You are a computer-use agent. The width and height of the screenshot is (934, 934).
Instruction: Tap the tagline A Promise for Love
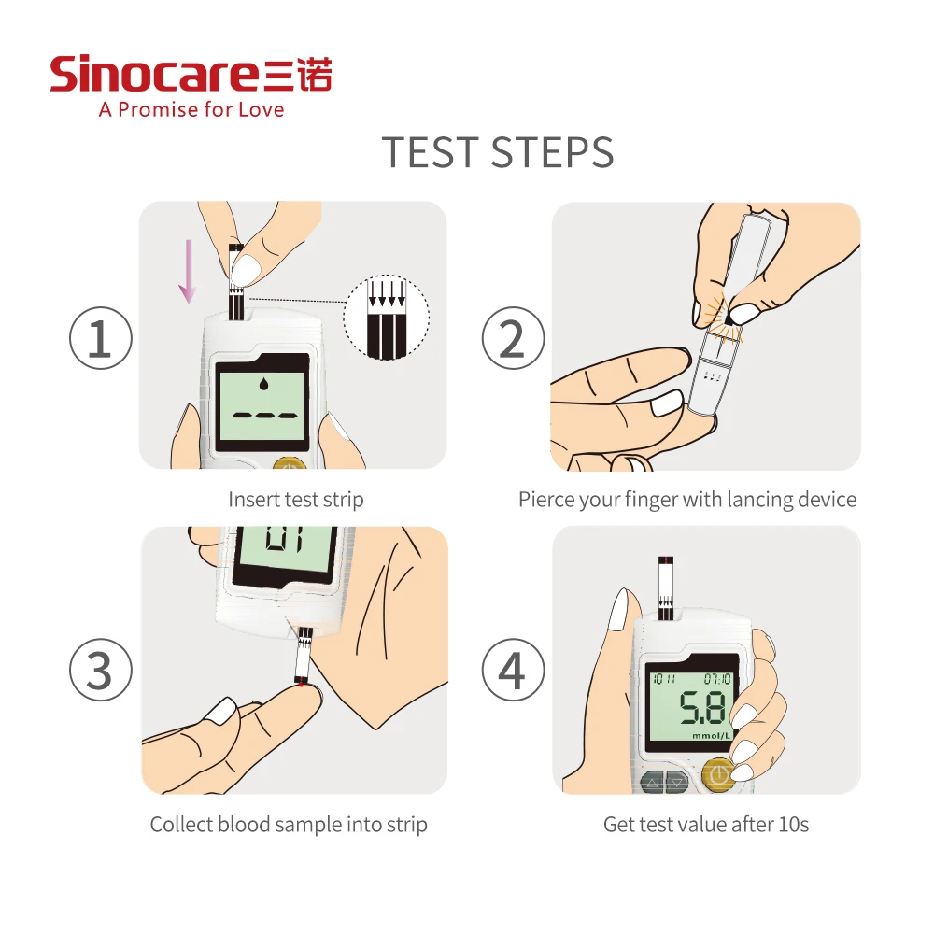tap(191, 109)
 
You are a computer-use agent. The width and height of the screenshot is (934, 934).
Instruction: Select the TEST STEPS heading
tap(498, 152)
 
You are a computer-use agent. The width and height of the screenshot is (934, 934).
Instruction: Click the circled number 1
tap(101, 338)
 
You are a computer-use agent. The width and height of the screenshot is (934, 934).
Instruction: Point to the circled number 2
tap(513, 338)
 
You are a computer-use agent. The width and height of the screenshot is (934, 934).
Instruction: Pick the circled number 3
tap(101, 670)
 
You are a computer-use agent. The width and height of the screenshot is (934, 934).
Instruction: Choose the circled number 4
tap(513, 670)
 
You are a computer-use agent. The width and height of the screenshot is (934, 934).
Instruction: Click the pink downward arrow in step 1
tap(189, 271)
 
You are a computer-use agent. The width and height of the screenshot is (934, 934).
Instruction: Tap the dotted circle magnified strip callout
tap(386, 318)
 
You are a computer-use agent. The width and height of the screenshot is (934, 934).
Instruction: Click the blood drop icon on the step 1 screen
tap(263, 384)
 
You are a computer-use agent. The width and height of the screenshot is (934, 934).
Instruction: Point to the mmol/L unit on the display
tap(711, 736)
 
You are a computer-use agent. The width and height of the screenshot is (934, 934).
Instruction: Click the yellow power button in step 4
tap(719, 775)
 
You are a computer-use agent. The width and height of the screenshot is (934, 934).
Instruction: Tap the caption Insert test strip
tap(296, 499)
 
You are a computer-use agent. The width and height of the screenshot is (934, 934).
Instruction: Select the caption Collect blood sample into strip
tap(289, 825)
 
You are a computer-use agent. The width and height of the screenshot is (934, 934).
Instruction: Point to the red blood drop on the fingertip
tap(302, 684)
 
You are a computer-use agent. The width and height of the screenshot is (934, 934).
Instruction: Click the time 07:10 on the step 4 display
tap(717, 679)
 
